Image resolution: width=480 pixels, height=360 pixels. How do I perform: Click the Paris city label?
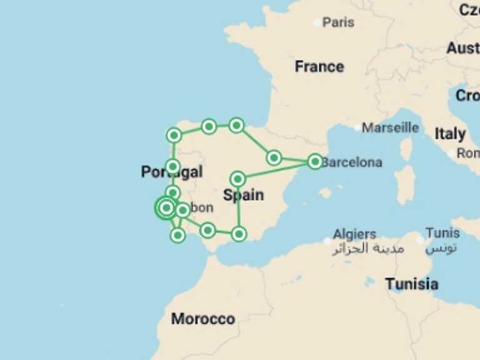pos(338,22)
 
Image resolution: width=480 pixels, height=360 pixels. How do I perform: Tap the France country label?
pos(319,66)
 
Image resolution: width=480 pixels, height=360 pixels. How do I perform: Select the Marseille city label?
pos(391,127)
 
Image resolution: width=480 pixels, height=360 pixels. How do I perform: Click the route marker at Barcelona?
pos(315,162)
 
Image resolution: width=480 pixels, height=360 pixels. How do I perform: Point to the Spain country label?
pos(243,195)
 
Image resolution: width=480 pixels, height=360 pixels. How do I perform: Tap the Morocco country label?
pos(203,319)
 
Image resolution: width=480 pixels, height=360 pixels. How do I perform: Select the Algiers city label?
pos(354,234)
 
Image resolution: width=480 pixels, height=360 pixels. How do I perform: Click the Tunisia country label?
pos(411,284)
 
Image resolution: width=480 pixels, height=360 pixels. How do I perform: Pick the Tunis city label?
pos(442,233)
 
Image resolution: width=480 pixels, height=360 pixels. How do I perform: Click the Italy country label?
pos(450,134)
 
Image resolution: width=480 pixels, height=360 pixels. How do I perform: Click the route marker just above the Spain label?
pos(237,179)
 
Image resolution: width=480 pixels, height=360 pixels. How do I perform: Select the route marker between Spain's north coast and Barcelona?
pos(274,157)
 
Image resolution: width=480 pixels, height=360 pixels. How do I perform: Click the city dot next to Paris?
pos(317,22)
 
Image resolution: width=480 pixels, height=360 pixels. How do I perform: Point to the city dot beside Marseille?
pos(357,127)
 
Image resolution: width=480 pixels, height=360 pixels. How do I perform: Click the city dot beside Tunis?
pos(421,240)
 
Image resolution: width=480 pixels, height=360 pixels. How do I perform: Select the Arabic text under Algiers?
pos(367,249)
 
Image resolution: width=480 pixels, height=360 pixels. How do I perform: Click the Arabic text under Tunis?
pos(442,247)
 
